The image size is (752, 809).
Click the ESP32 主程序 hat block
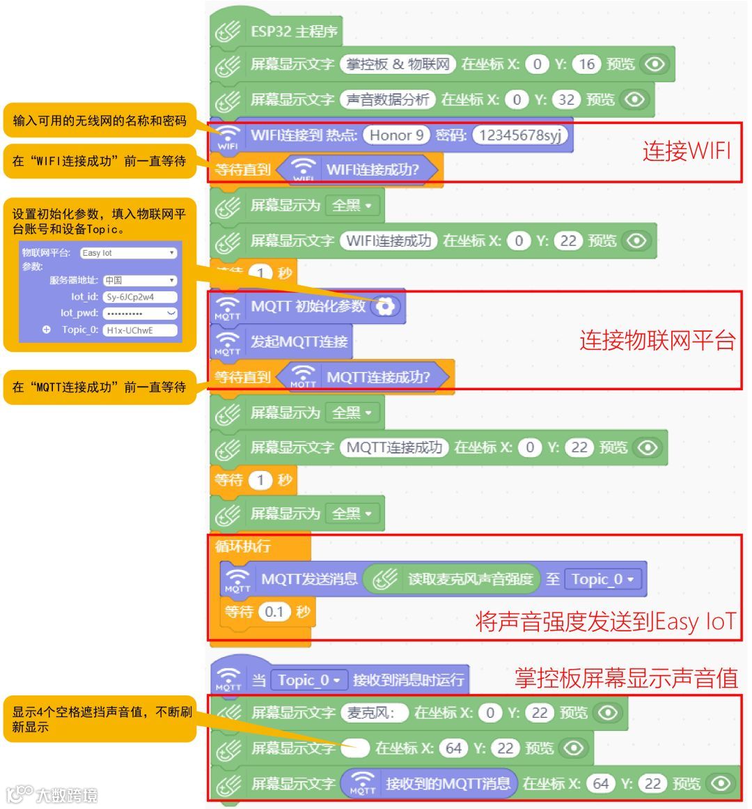pos(292,32)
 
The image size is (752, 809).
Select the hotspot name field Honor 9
pos(396,135)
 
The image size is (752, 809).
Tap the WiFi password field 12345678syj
pos(519,135)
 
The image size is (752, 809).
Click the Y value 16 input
pos(586,65)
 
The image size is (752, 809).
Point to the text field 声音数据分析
pos(387,100)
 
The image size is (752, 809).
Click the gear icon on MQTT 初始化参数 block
pos(385,306)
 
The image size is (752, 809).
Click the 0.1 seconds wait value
pos(274,612)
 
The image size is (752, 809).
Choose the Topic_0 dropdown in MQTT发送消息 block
pos(602,579)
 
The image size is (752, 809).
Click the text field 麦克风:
pos(374,713)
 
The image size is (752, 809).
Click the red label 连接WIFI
pos(686,151)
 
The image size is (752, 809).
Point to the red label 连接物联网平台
pos(657,341)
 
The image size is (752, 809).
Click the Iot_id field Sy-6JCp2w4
pos(139,297)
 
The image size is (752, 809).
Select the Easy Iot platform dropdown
pos(128,253)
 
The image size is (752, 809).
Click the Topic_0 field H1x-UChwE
pos(139,330)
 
